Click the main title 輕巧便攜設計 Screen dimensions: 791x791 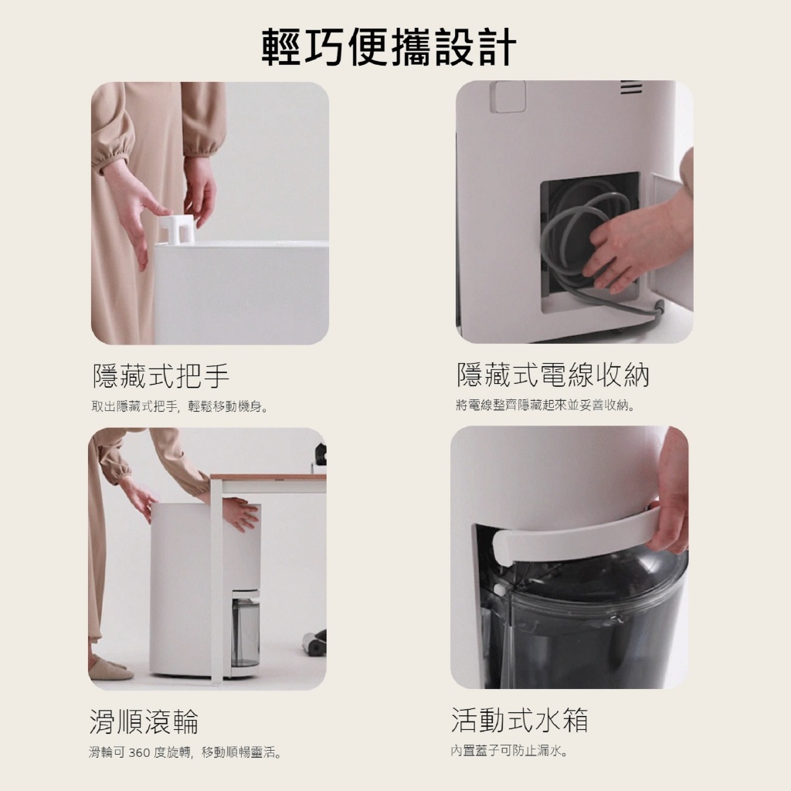[389, 47]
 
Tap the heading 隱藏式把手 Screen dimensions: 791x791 [161, 375]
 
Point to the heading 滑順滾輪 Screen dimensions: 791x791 [144, 721]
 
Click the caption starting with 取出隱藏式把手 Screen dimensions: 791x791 [179, 406]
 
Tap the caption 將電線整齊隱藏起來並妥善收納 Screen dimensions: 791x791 [545, 405]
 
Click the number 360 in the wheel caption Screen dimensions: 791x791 [139, 753]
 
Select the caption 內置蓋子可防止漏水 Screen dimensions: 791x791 [509, 751]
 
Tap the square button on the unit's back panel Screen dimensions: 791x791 [508, 97]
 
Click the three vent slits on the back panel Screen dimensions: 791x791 [631, 87]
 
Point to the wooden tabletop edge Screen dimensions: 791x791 [268, 477]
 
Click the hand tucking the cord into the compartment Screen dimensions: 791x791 [626, 253]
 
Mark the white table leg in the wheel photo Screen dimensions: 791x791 [217, 580]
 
